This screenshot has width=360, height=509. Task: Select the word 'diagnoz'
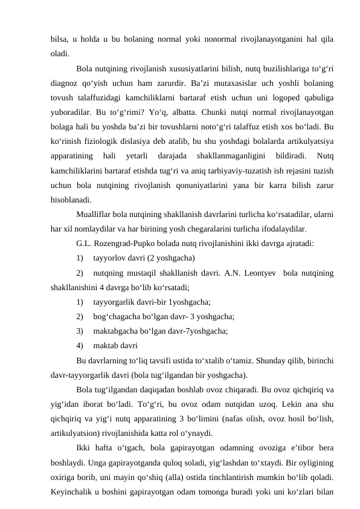coord(66,85)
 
